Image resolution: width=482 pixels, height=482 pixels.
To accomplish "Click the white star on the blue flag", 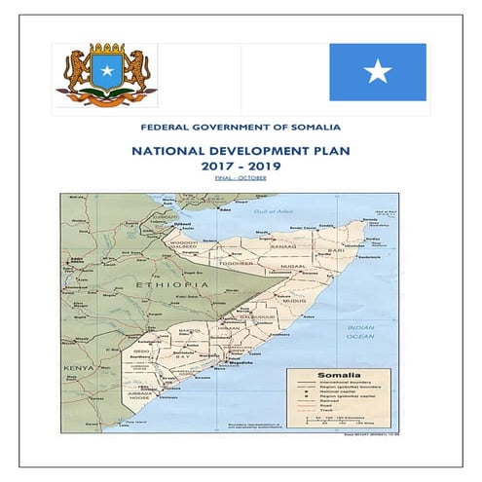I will [x=377, y=72].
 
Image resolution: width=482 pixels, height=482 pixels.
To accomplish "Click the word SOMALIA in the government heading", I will [x=314, y=127].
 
